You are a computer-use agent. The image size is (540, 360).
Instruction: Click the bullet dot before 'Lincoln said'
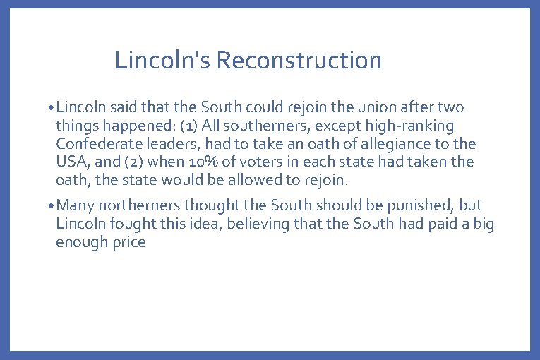pos(52,109)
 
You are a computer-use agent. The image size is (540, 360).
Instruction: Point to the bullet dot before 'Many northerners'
pos(52,206)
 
